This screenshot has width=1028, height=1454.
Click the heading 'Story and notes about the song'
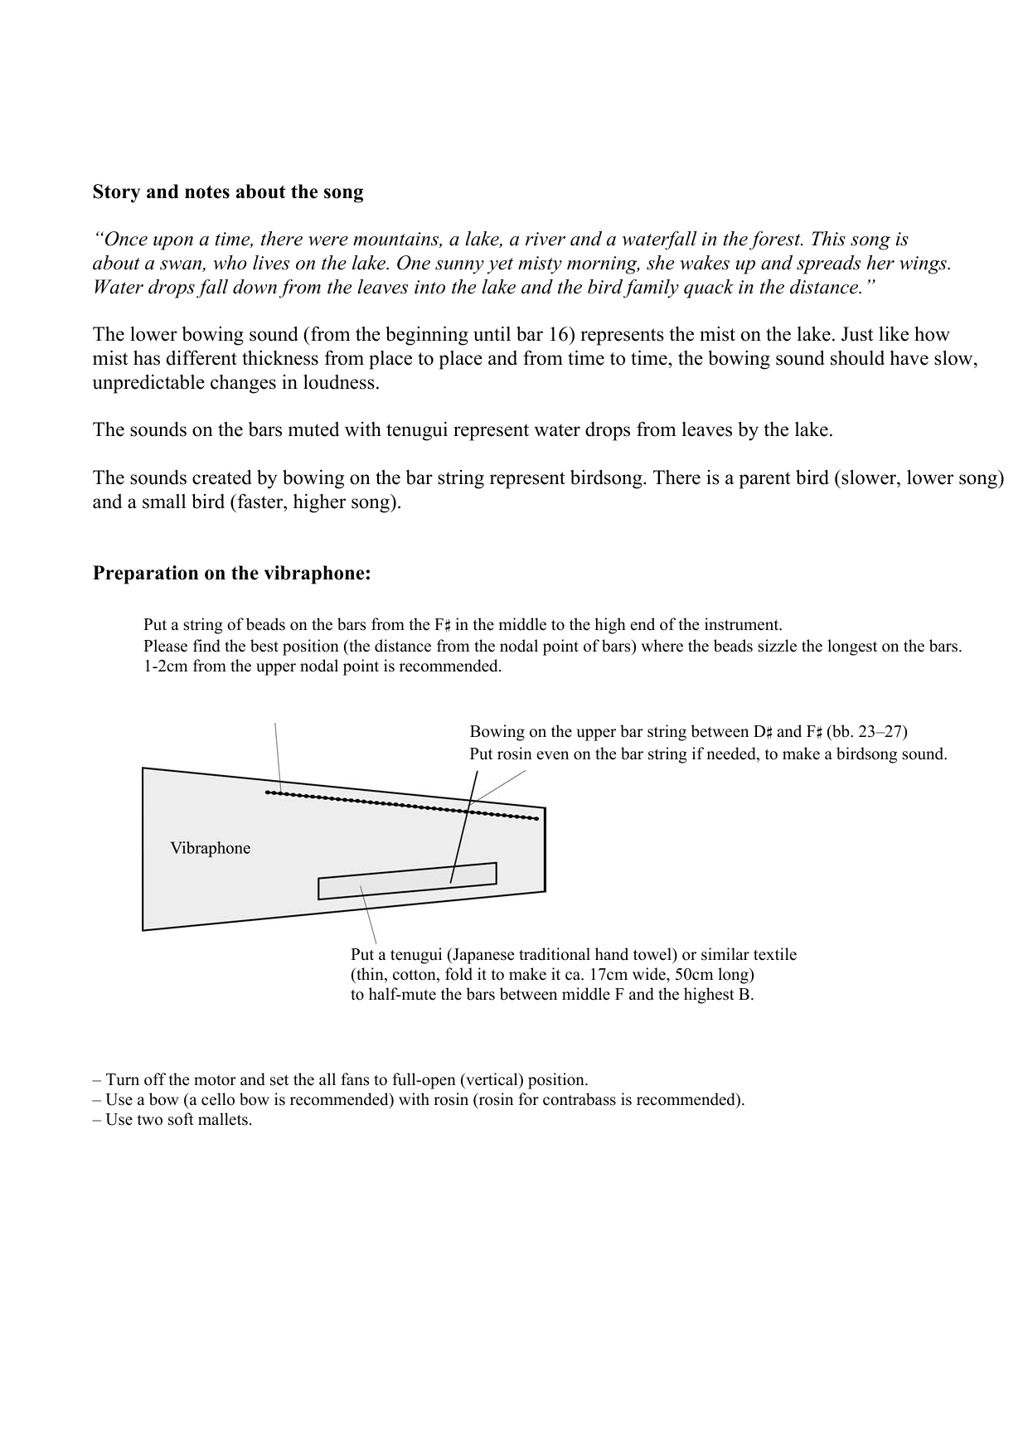tap(227, 192)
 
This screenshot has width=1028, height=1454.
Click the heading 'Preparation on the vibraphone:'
tap(231, 574)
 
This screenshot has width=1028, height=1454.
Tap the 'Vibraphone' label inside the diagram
tap(210, 848)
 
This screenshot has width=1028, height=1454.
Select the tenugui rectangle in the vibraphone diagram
tap(406, 881)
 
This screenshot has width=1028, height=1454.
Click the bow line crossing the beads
tap(464, 829)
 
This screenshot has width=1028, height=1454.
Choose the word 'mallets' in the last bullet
tap(225, 1120)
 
